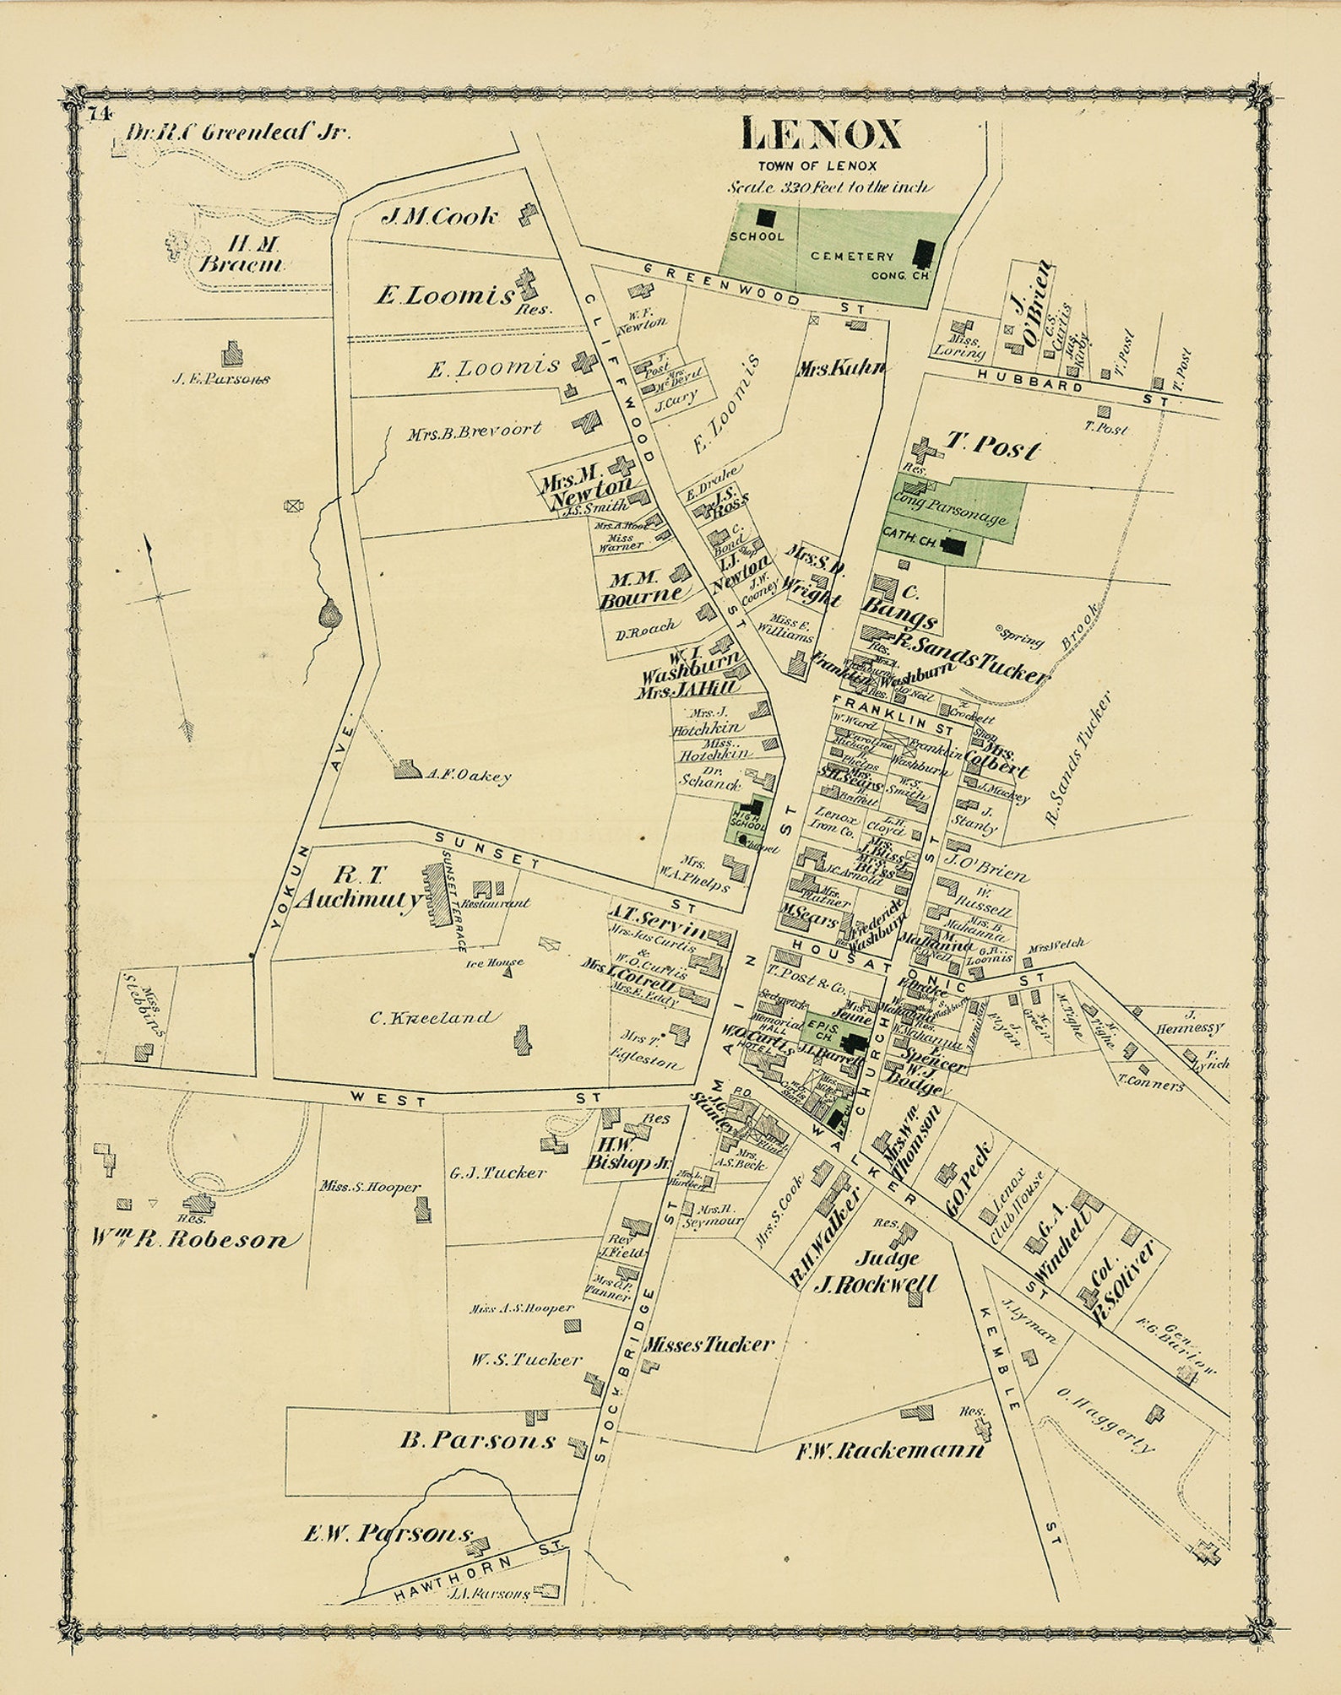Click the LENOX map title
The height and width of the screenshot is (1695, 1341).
pyautogui.click(x=822, y=133)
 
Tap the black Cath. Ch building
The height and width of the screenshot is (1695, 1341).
pyautogui.click(x=954, y=546)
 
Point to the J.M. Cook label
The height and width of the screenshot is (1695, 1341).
pyautogui.click(x=439, y=217)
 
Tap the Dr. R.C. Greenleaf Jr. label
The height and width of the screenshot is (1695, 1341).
pyautogui.click(x=237, y=132)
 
